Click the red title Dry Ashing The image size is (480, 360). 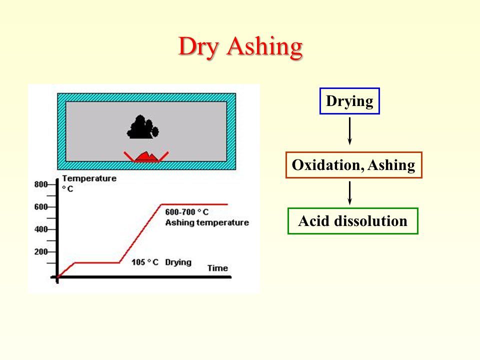click(x=240, y=47)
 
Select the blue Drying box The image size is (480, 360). click(x=349, y=101)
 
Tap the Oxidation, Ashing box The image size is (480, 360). click(x=354, y=165)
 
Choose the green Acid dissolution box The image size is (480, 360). click(x=353, y=221)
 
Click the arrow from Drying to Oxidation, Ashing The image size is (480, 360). click(x=349, y=131)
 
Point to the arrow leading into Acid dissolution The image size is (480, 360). click(x=349, y=193)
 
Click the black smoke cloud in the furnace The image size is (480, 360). click(x=142, y=127)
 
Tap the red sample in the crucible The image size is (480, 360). click(x=146, y=156)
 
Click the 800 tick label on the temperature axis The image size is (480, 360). click(x=40, y=184)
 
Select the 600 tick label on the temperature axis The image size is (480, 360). click(x=40, y=207)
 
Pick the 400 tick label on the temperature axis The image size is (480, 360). click(x=40, y=229)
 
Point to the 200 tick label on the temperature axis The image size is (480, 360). click(x=40, y=252)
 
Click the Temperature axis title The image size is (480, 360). click(x=89, y=178)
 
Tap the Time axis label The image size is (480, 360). click(x=217, y=268)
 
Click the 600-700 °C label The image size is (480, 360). click(x=186, y=212)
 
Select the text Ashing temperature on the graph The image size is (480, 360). click(x=207, y=222)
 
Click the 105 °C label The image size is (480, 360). click(x=145, y=262)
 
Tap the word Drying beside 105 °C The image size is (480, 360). click(x=178, y=262)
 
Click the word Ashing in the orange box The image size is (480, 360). click(x=391, y=165)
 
